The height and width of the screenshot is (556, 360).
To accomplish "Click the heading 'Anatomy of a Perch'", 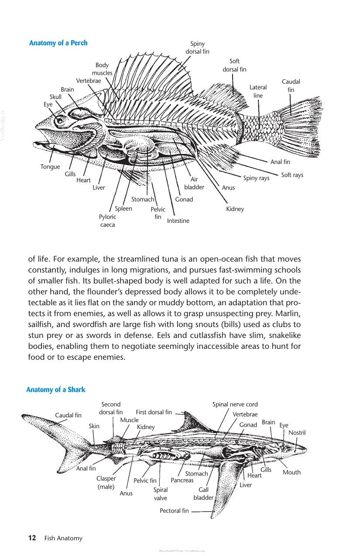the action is tap(58, 43).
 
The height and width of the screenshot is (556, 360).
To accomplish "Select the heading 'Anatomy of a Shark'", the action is tap(56, 389).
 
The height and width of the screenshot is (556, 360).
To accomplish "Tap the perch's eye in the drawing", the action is tap(60, 121).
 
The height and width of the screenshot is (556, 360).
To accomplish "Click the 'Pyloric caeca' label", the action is tap(108, 221).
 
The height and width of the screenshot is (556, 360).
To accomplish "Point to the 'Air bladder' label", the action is tap(194, 183).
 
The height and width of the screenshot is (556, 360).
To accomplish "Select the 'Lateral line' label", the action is tap(258, 91).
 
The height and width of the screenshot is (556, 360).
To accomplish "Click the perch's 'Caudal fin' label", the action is tap(291, 85).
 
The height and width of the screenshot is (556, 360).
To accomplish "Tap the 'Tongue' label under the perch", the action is tap(50, 167).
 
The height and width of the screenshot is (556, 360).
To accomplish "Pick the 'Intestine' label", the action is tap(178, 221).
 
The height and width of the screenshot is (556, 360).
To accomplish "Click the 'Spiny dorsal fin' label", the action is tap(198, 48).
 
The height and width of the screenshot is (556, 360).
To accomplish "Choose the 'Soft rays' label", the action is tap(292, 175).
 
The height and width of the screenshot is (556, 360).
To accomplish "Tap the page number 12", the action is tap(32, 538).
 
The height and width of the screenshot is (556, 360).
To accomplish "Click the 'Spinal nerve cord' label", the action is tap(235, 404).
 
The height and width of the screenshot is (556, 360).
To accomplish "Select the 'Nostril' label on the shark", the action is tap(297, 433).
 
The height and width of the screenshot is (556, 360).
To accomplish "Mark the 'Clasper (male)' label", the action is tap(106, 483).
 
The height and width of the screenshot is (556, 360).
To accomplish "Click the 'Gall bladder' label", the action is tap(203, 494).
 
